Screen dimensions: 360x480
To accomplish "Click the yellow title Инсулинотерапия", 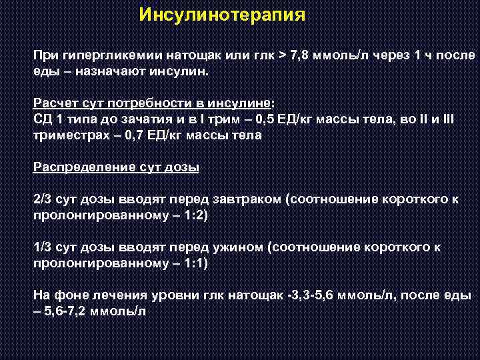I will pyautogui.click(x=223, y=15).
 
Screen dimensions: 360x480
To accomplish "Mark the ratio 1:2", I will pyautogui.click(x=195, y=215).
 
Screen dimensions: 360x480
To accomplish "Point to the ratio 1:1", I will pyautogui.click(x=195, y=263).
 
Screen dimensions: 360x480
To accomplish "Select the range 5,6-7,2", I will pyautogui.click(x=71, y=311).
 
